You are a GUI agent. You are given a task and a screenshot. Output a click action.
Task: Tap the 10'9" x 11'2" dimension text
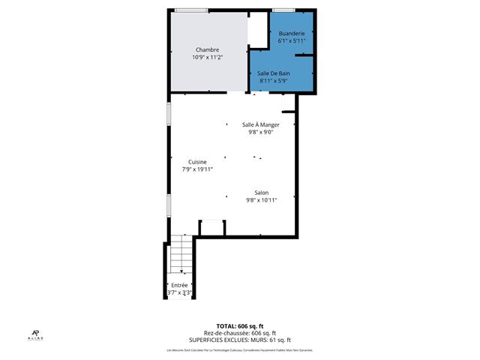click(208, 57)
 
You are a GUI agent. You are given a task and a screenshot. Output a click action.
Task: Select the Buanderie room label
click(291, 34)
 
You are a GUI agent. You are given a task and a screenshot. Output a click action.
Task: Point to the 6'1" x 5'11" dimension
click(291, 41)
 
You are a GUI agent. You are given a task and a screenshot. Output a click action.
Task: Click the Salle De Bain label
click(274, 73)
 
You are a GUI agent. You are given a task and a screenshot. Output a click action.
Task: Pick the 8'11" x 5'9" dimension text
click(274, 79)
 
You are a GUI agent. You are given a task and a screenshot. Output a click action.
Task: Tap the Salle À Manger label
click(261, 124)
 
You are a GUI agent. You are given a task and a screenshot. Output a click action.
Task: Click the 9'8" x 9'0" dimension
click(261, 132)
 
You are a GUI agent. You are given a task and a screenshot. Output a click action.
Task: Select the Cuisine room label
click(197, 162)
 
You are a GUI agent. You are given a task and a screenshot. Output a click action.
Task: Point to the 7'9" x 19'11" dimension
click(197, 169)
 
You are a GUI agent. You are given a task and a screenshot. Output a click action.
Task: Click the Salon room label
click(261, 193)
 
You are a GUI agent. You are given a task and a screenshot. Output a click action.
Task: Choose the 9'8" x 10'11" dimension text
click(261, 200)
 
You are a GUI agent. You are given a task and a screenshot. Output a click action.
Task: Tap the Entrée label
click(179, 285)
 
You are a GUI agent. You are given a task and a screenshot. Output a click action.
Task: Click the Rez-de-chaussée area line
click(240, 334)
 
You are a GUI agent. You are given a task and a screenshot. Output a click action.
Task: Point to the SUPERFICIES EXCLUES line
click(240, 340)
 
